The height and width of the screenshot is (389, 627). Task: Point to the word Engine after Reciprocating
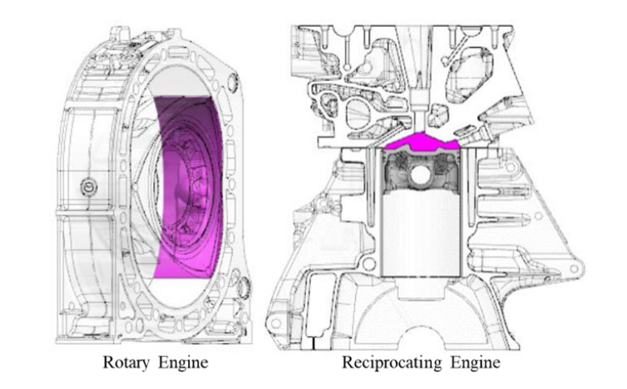tap(468, 363)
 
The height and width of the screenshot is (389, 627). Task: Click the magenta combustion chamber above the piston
tap(421, 142)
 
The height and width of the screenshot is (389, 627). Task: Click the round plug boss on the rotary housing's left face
tap(90, 186)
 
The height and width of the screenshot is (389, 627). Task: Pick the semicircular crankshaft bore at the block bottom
tap(422, 326)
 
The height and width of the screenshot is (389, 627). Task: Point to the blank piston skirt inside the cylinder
tap(421, 232)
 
